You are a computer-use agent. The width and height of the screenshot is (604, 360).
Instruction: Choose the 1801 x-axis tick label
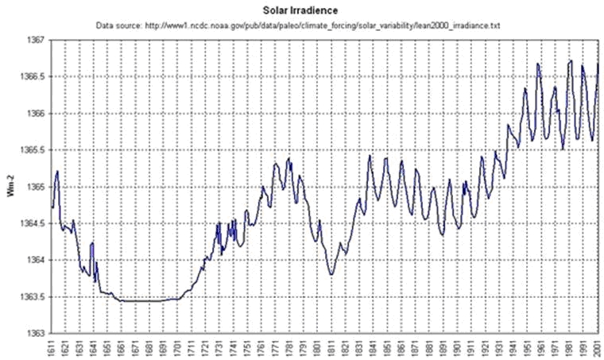coord(318,347)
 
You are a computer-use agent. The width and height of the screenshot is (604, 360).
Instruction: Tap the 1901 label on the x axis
coord(458,347)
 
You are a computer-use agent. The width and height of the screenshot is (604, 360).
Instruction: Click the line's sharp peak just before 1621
coord(58,171)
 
